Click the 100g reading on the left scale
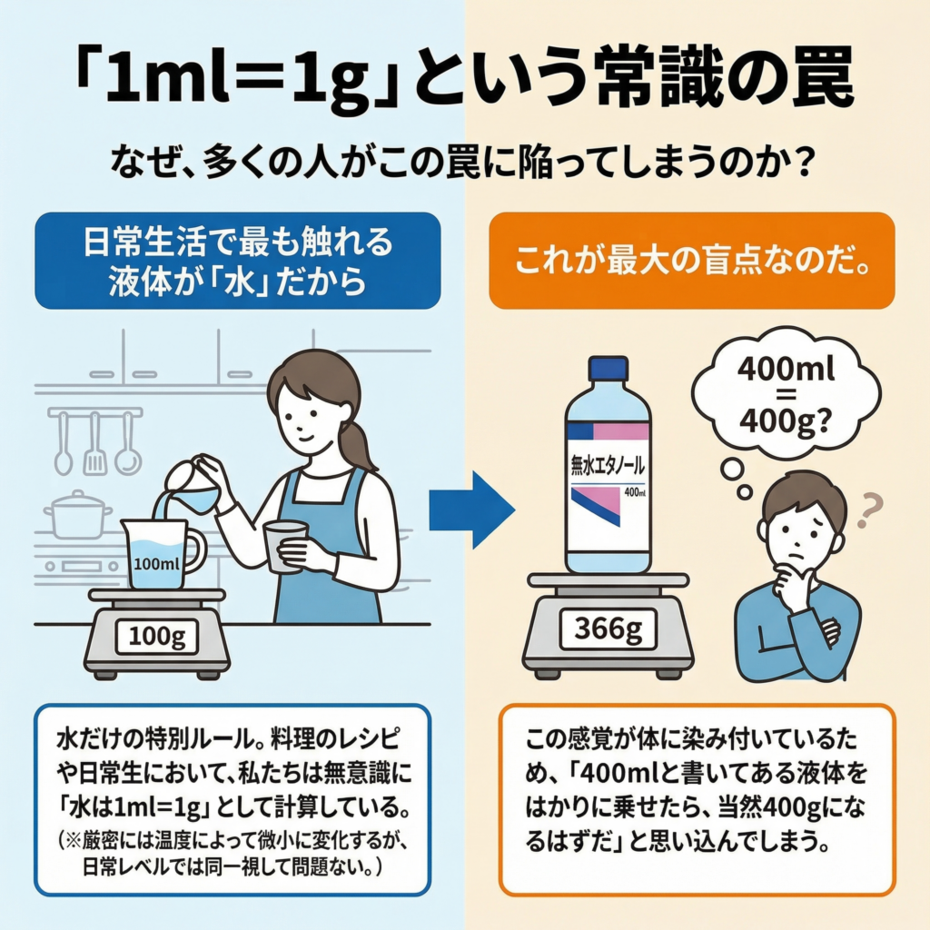coord(156,636)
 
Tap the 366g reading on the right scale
coord(608,627)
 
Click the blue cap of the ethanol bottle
coord(608,368)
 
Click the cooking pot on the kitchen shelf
coord(78,516)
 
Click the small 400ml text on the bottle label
coord(635,493)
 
